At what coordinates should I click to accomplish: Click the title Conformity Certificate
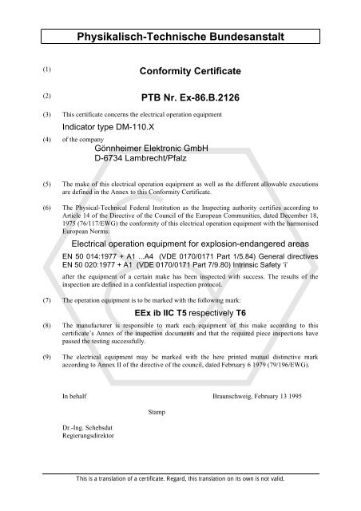[x=190, y=71]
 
